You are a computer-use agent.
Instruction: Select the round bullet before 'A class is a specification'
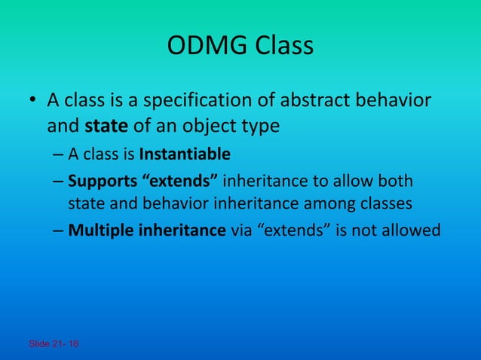[x=32, y=101]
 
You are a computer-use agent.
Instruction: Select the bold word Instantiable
[x=185, y=155]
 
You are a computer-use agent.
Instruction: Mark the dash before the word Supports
[x=58, y=183]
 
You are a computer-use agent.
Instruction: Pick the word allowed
[x=412, y=230]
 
